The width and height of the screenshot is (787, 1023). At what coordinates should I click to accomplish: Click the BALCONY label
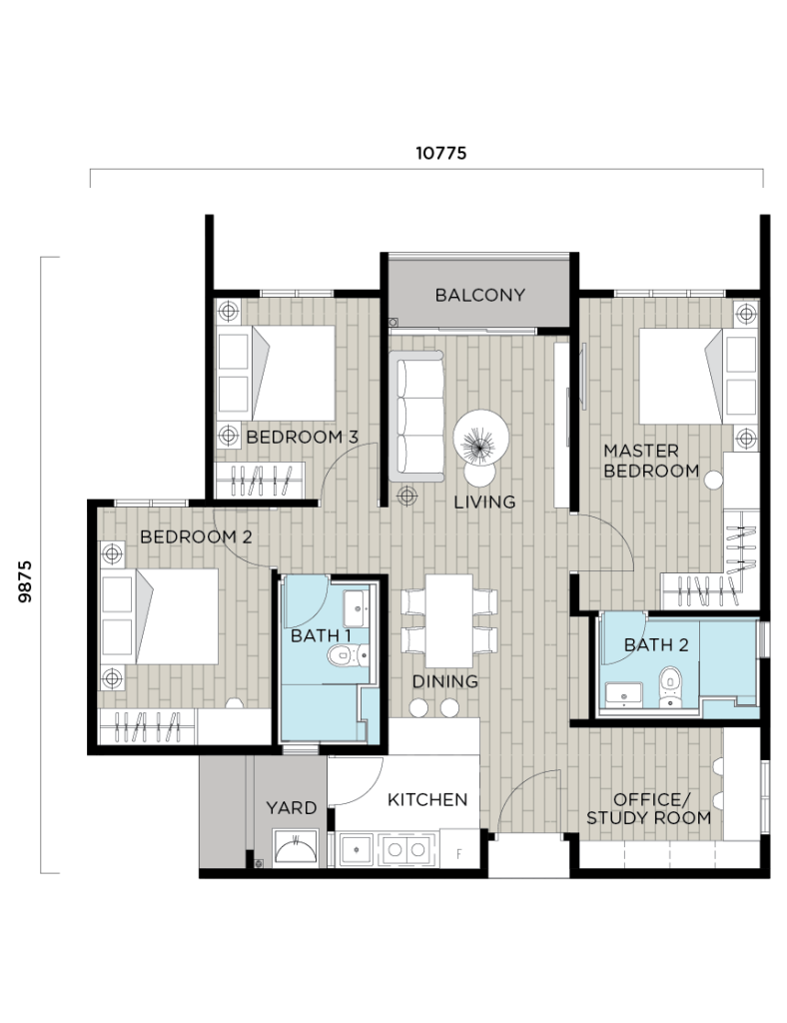pyautogui.click(x=479, y=295)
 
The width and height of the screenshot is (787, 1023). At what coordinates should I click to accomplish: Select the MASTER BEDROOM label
pyautogui.click(x=651, y=461)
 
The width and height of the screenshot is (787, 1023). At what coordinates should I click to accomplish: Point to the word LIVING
pyautogui.click(x=484, y=502)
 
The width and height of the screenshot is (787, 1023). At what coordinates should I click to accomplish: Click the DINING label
pyautogui.click(x=445, y=681)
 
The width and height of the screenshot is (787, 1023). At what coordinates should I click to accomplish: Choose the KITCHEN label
pyautogui.click(x=427, y=799)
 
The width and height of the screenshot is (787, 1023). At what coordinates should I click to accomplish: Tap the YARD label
pyautogui.click(x=291, y=807)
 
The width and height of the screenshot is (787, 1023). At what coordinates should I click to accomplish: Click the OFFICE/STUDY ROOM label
pyautogui.click(x=649, y=808)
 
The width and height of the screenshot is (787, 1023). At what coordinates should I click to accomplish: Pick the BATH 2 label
pyautogui.click(x=656, y=644)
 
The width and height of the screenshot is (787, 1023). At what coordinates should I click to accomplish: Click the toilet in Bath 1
pyautogui.click(x=342, y=656)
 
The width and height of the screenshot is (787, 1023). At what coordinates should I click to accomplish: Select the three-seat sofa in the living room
pyautogui.click(x=419, y=417)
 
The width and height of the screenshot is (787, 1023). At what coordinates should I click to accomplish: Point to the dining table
pyautogui.click(x=448, y=620)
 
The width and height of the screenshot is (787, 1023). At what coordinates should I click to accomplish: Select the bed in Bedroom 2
pyautogui.click(x=176, y=616)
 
